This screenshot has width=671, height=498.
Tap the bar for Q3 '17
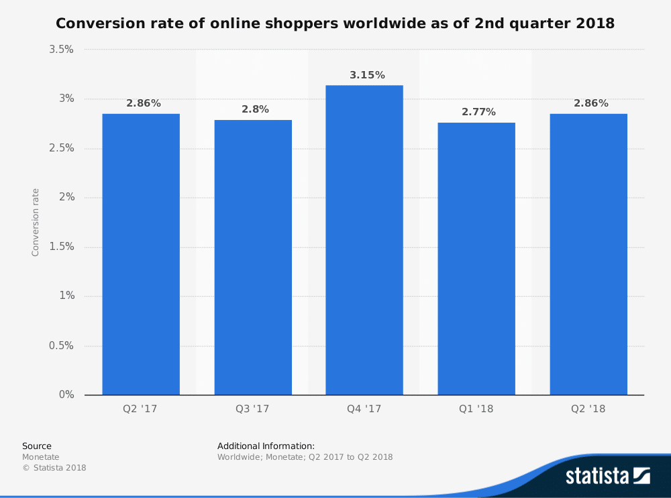[253, 257]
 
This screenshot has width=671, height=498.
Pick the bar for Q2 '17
[141, 254]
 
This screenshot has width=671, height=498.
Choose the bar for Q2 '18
[588, 254]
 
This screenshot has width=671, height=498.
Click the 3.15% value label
[367, 75]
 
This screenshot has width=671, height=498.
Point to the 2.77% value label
[478, 112]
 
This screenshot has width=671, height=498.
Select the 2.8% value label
[255, 109]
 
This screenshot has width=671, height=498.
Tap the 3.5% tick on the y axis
[60, 50]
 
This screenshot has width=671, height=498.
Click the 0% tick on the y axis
[66, 395]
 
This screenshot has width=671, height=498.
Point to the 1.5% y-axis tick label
[60, 247]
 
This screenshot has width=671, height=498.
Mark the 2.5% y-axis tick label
[60, 148]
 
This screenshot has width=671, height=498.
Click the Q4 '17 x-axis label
[364, 409]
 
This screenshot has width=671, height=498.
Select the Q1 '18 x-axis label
[476, 409]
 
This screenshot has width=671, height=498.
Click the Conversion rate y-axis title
[36, 222]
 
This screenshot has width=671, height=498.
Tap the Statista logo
[607, 476]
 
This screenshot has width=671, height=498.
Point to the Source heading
[36, 446]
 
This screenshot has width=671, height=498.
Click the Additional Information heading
[266, 446]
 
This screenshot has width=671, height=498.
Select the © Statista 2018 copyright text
[54, 468]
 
